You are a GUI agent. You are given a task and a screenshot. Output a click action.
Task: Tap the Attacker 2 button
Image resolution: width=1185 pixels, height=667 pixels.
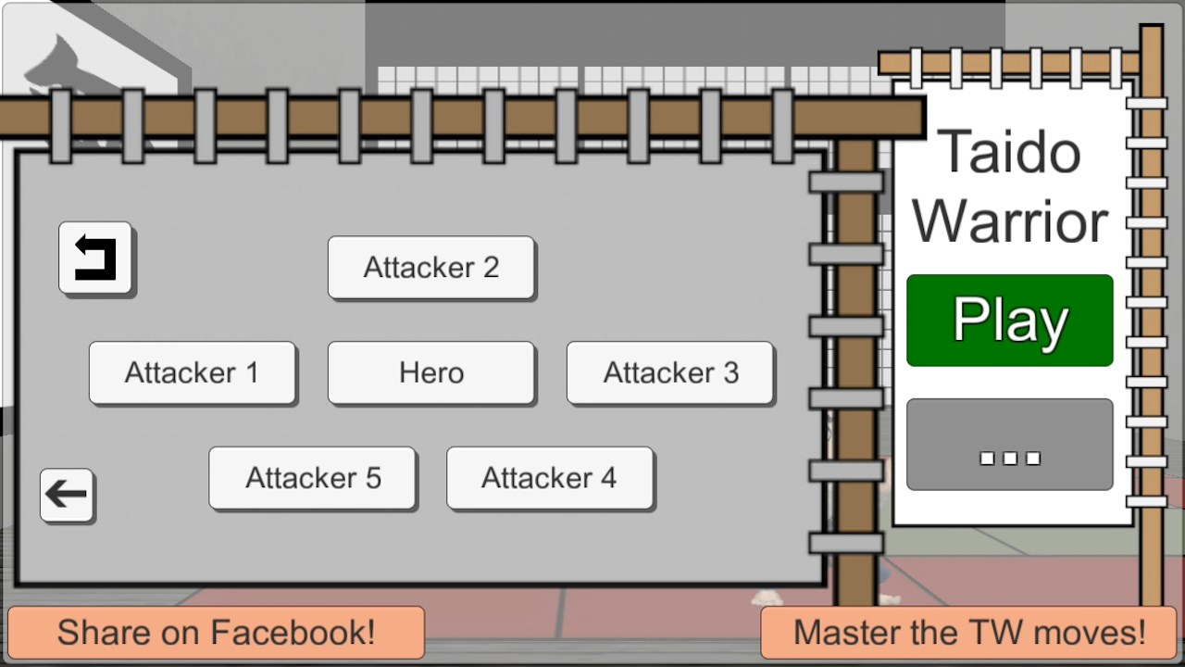[x=431, y=268]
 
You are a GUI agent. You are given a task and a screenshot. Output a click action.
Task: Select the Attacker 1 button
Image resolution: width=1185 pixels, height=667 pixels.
[x=192, y=372]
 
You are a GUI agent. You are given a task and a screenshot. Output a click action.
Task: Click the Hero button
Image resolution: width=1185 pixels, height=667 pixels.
[x=431, y=372]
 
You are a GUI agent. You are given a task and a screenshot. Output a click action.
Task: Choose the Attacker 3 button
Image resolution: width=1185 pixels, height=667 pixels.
[x=670, y=372]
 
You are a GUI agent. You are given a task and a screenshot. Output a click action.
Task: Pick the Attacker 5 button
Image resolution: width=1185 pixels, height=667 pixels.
[x=312, y=478]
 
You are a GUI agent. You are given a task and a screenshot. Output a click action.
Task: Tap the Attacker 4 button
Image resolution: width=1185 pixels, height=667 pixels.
[x=550, y=478]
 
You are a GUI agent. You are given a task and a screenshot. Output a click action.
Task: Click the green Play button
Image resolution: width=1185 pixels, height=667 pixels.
[x=1009, y=321]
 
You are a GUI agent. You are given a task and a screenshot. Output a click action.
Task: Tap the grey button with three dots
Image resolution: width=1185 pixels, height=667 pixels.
[x=1009, y=445]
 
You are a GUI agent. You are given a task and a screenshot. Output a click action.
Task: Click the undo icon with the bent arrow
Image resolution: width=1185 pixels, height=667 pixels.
[x=95, y=258]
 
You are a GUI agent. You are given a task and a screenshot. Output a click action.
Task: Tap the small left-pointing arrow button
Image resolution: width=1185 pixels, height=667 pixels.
[x=67, y=495]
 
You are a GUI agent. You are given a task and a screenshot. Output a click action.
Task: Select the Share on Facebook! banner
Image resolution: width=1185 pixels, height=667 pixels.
[x=216, y=633]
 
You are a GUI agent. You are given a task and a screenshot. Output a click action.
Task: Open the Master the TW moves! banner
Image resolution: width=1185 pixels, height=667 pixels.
[x=968, y=633]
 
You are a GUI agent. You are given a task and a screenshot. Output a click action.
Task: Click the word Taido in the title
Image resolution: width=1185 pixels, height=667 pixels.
[x=1009, y=153]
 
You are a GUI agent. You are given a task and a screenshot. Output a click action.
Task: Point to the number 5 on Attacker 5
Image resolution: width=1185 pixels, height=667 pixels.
[x=373, y=478]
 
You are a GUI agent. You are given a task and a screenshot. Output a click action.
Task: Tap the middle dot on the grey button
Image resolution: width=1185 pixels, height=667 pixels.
[x=1010, y=458]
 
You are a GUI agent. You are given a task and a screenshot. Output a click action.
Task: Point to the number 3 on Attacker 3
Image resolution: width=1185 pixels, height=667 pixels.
[x=730, y=372]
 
